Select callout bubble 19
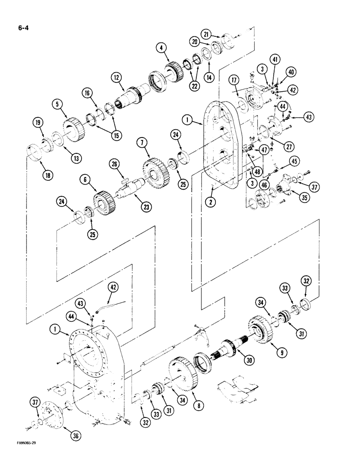coord(38,123)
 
